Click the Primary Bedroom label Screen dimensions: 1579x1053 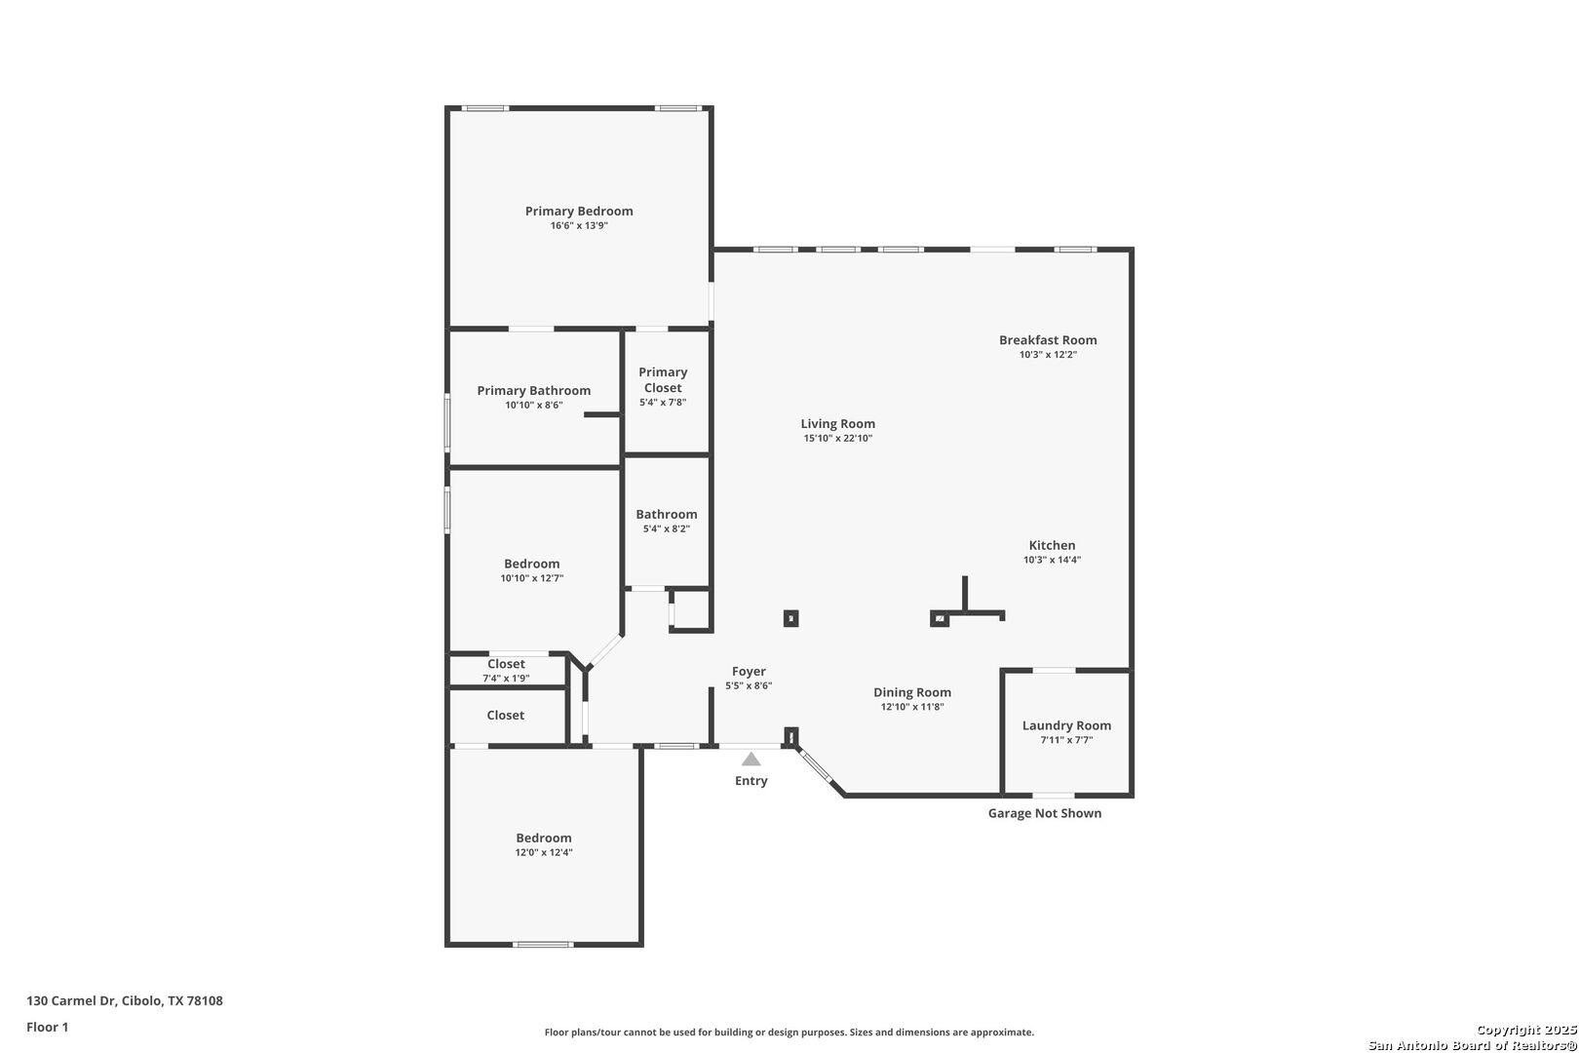pyautogui.click(x=579, y=211)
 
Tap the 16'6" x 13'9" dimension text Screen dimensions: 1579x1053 pyautogui.click(x=579, y=225)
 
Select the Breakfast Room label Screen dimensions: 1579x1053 pyautogui.click(x=1048, y=340)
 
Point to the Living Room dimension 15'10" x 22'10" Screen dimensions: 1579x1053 pyautogui.click(x=837, y=438)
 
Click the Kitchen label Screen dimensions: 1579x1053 pyautogui.click(x=1052, y=545)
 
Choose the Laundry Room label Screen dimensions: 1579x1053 pyautogui.click(x=1066, y=725)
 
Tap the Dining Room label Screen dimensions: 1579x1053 pyautogui.click(x=912, y=692)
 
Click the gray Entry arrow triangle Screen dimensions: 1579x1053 pyautogui.click(x=751, y=759)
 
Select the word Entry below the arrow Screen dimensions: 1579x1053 pyautogui.click(x=751, y=781)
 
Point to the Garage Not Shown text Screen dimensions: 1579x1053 pyautogui.click(x=1044, y=813)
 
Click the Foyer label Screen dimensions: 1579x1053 pyautogui.click(x=748, y=672)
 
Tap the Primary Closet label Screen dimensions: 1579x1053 pyautogui.click(x=663, y=379)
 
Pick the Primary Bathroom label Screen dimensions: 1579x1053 pyautogui.click(x=533, y=391)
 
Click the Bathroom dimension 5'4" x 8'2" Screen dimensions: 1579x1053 pyautogui.click(x=666, y=529)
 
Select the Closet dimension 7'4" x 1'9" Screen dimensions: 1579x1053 pyautogui.click(x=506, y=679)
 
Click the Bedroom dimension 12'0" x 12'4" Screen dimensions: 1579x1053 pyautogui.click(x=544, y=853)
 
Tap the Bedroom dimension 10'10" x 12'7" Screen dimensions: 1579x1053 pyautogui.click(x=531, y=578)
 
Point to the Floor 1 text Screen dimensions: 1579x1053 pyautogui.click(x=47, y=1027)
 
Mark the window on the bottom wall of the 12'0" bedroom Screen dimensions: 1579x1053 pyautogui.click(x=543, y=945)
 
